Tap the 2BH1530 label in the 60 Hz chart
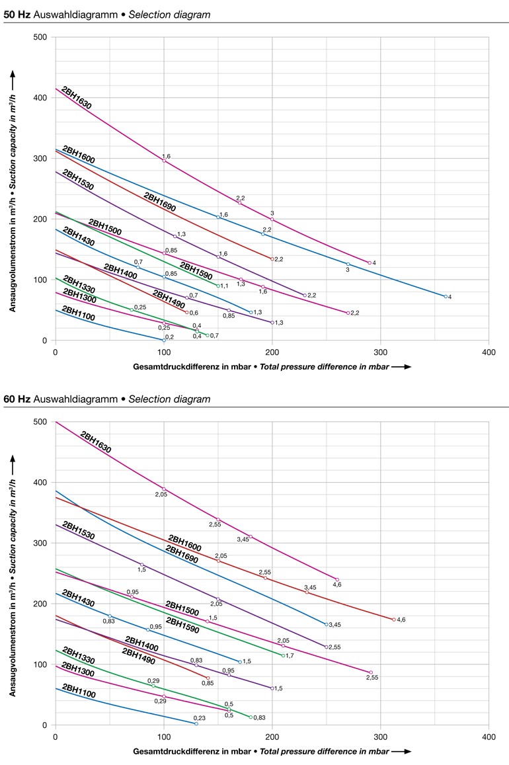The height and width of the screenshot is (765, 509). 78,533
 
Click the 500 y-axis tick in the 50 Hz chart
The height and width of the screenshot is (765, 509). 40,37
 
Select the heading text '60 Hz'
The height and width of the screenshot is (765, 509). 15,399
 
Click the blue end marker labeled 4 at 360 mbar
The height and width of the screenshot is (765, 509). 446,296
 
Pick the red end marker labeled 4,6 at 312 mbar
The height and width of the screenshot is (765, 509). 394,620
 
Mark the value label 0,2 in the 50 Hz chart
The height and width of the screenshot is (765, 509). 169,337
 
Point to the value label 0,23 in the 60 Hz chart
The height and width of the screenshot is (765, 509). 200,718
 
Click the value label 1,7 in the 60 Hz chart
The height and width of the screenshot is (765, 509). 290,656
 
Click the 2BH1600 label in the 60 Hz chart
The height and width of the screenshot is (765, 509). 184,539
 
